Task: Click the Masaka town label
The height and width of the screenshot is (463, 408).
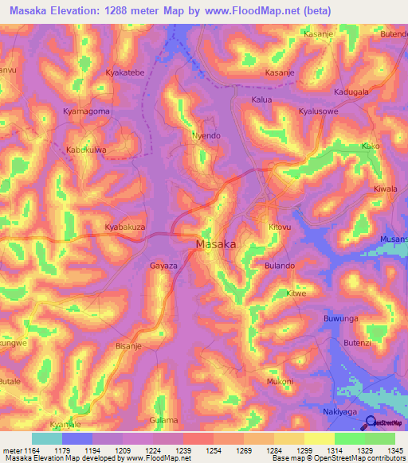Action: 215,244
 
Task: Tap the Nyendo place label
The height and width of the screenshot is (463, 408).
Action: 206,136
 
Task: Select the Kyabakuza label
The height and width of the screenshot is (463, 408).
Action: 125,227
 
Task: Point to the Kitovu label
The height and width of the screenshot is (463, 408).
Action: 280,227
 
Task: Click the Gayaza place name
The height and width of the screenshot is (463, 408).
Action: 163,265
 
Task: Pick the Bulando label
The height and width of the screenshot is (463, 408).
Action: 280,265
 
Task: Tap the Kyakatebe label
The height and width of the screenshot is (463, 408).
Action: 125,72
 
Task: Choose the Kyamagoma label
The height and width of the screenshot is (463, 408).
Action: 86,111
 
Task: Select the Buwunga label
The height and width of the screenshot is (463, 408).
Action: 343,318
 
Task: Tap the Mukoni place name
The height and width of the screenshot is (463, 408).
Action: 280,381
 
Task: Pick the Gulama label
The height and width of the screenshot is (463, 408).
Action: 163,419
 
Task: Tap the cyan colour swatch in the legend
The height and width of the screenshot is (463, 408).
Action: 46,439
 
